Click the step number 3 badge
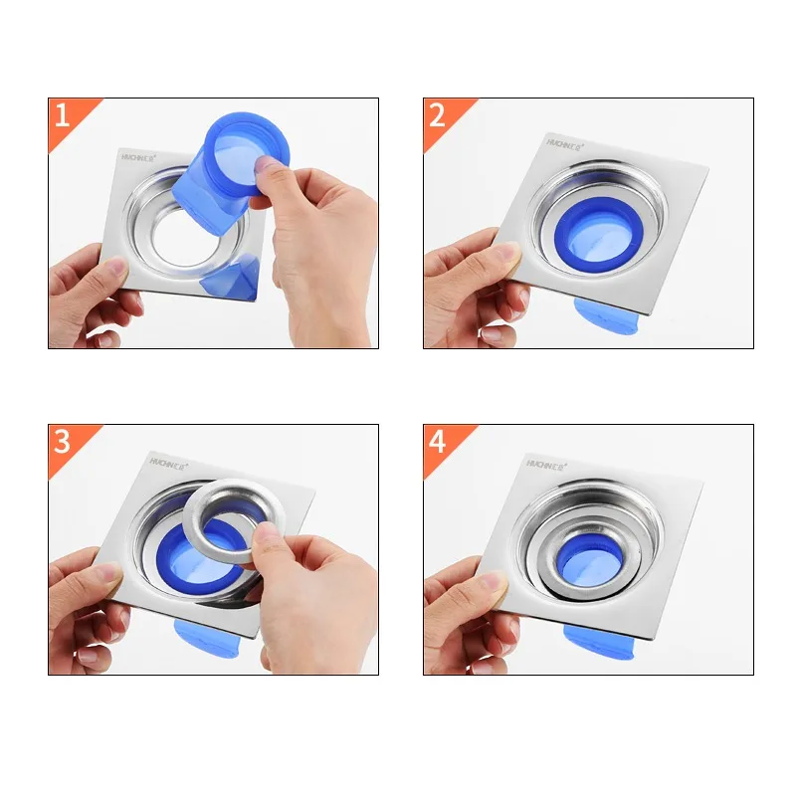(62, 441)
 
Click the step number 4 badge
(437, 441)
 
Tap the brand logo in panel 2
(565, 143)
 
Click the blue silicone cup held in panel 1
(235, 164)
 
